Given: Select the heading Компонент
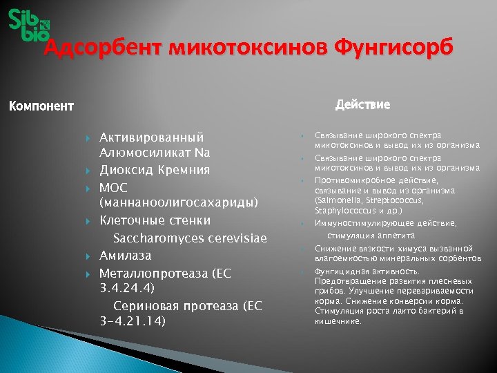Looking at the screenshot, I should [x=40, y=106].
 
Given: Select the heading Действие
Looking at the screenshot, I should [x=362, y=105].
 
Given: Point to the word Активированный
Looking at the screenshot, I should [x=152, y=137].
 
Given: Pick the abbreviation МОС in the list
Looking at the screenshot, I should [x=114, y=187].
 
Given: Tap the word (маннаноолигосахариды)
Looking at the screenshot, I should [x=179, y=203].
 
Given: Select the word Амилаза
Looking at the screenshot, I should [x=125, y=256].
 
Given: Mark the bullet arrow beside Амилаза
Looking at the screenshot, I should [x=89, y=256].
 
